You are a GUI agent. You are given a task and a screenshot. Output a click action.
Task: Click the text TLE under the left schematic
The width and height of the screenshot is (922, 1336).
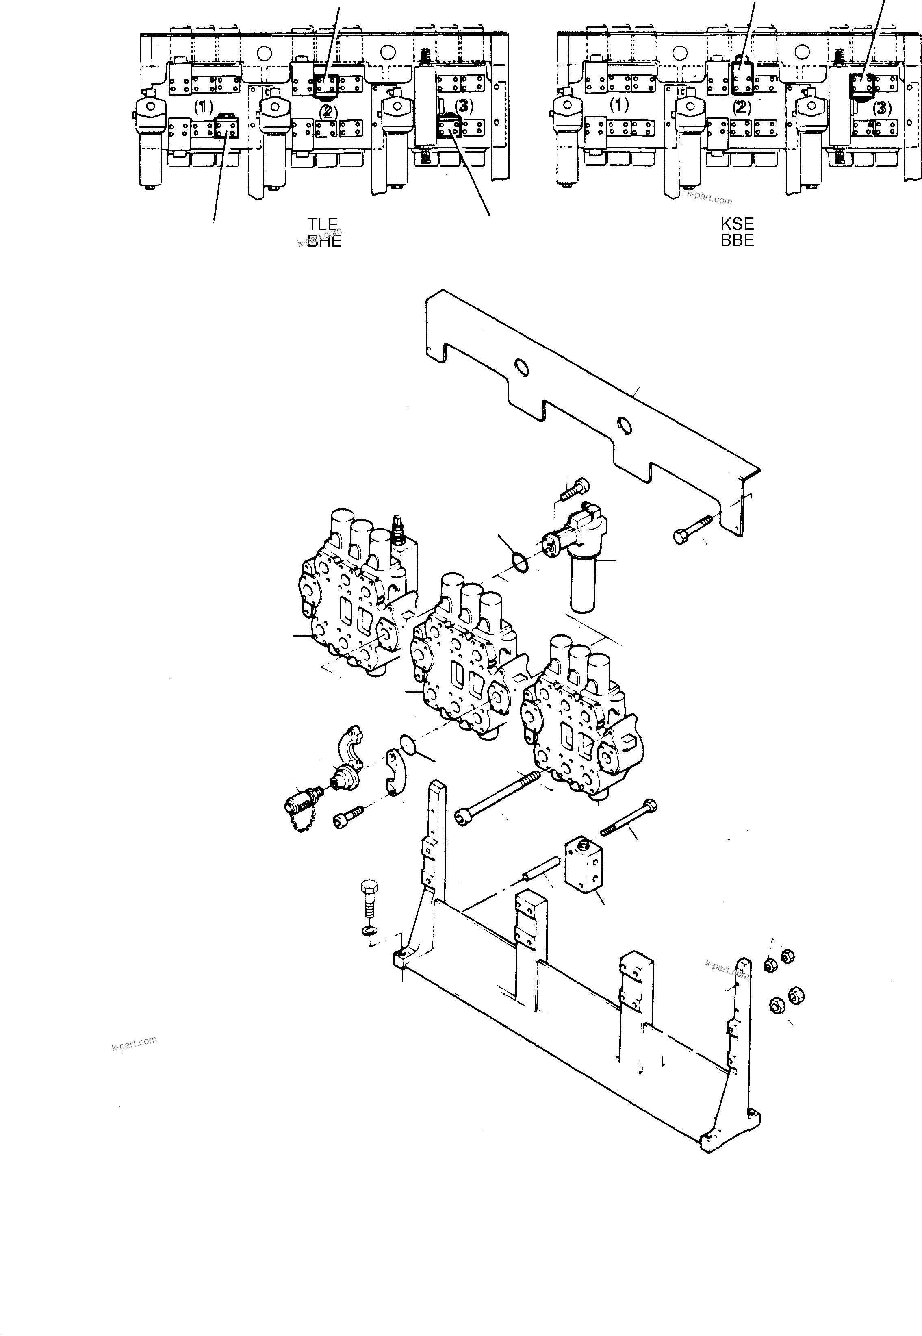(322, 224)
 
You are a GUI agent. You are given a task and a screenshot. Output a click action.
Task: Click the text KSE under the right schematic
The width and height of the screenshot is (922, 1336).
(737, 224)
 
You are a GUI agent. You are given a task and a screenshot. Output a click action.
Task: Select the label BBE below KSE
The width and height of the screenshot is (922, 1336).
(737, 240)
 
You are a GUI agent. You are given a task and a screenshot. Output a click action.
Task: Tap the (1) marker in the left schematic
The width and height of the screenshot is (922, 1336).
(203, 106)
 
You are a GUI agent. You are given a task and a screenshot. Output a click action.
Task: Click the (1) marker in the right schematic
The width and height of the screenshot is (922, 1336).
(619, 105)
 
